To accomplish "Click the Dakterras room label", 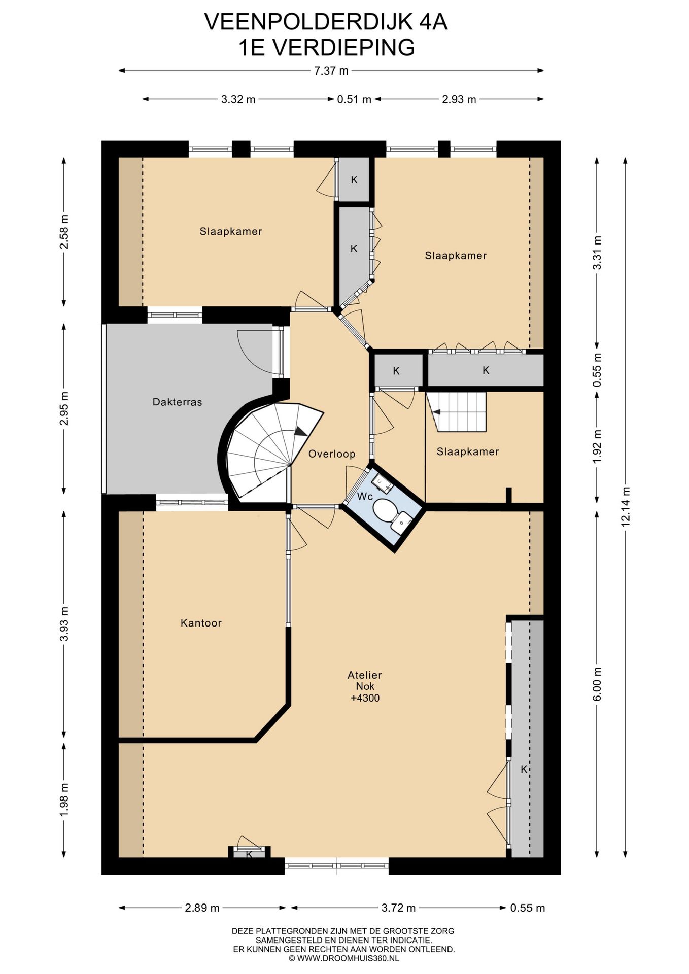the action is [x=177, y=402].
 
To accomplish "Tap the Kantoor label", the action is [x=201, y=623].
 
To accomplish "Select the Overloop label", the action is [x=332, y=454].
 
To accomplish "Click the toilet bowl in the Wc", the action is [x=386, y=509].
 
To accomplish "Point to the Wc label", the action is [x=365, y=496].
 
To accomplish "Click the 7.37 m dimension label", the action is [x=331, y=71].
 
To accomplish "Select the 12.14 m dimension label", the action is [x=626, y=506].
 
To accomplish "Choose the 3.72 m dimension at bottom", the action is [x=398, y=908].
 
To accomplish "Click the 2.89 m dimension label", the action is [x=202, y=908].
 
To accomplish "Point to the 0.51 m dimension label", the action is [x=354, y=99].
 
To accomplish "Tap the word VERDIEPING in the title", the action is [x=344, y=48].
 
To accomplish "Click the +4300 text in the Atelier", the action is [x=365, y=698].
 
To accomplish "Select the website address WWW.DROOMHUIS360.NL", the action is [x=348, y=958].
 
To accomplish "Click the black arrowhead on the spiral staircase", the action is [x=301, y=432].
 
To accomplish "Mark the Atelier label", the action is [x=364, y=675].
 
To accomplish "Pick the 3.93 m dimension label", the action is [x=64, y=623].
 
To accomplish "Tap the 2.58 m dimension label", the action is [x=64, y=232].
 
